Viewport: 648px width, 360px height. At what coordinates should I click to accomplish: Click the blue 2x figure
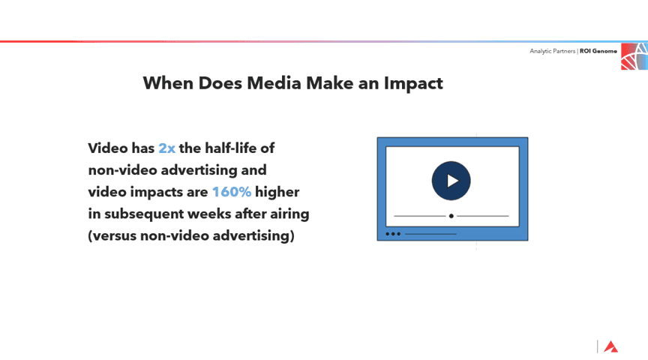coord(167,148)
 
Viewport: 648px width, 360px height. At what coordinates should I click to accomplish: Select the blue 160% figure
coord(232,192)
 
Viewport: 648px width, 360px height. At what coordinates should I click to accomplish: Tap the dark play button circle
coord(451,181)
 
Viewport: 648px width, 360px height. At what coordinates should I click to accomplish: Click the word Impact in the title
coord(413,83)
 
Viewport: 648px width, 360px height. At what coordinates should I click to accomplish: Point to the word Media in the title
coord(274,83)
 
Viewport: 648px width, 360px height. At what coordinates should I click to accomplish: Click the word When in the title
coord(168,83)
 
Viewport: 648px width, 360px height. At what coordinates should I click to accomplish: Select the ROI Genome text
coord(598,51)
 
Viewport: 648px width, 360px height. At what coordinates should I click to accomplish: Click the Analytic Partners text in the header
coord(553,51)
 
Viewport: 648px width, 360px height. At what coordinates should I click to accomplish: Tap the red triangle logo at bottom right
coord(610,346)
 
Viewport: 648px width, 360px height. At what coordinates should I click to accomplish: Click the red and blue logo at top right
coord(634,56)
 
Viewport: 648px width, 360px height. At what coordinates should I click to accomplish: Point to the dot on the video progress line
coord(451,216)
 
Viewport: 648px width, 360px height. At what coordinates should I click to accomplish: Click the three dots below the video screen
coord(393,234)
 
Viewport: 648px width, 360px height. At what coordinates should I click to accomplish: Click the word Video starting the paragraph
coord(108,148)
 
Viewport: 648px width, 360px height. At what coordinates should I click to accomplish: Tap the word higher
coord(277,192)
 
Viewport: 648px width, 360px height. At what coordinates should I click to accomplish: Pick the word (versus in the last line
coord(112,235)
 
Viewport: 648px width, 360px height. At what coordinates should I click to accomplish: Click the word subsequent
coord(144,214)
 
